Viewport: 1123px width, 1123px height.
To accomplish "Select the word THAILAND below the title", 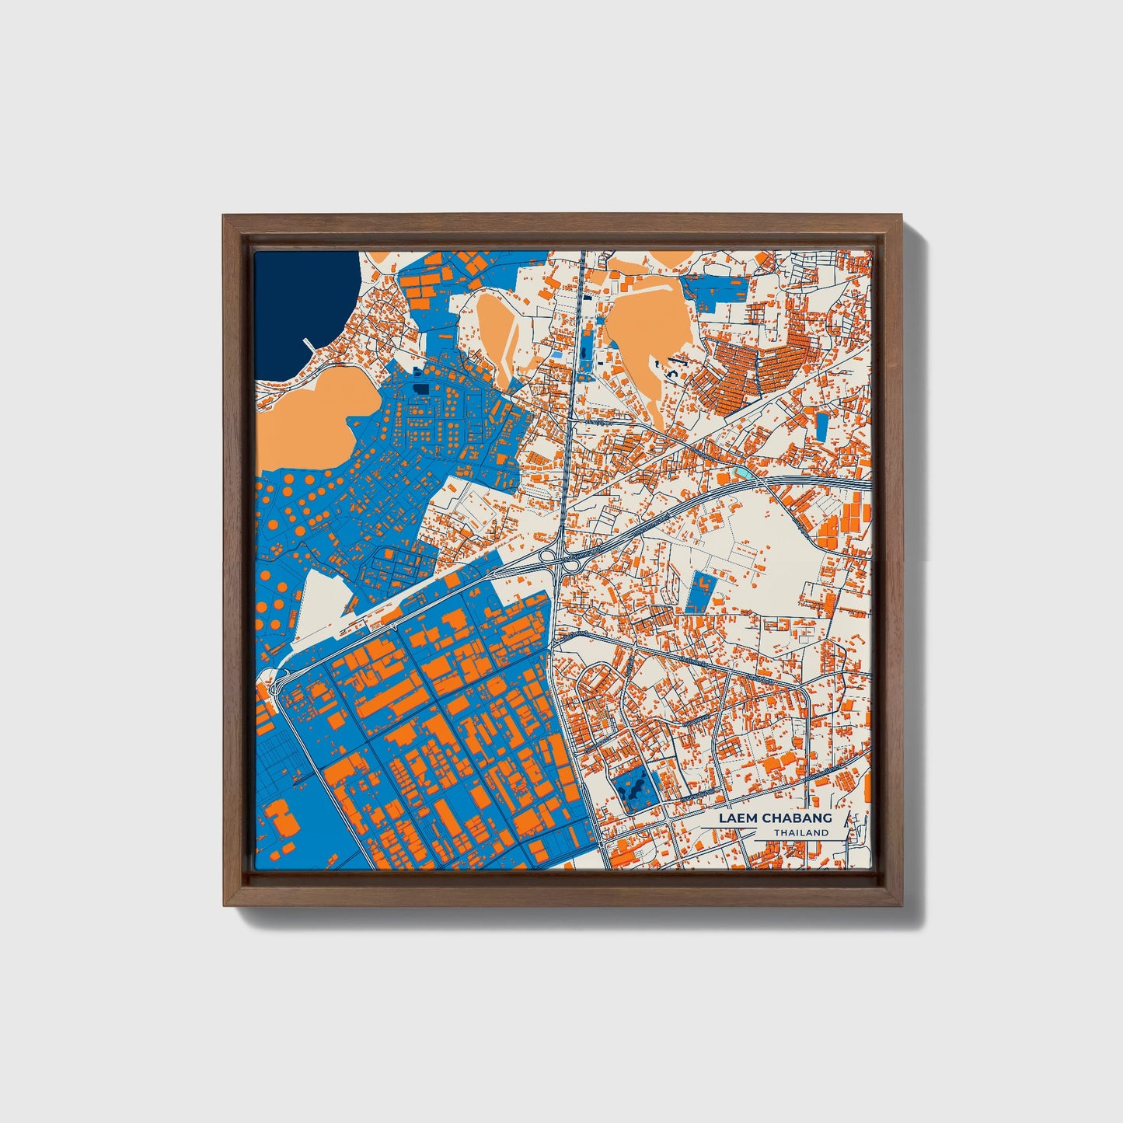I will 801,833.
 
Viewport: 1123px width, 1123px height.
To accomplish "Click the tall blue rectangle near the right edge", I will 821,424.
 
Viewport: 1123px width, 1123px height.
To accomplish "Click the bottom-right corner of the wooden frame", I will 902,905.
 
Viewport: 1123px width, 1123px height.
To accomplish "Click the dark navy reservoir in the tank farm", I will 420,387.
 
